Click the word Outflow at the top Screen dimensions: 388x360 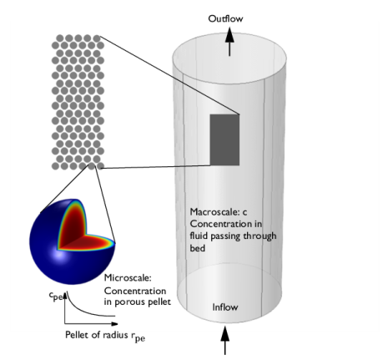tap(225, 18)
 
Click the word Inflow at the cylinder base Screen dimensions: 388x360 tap(225, 307)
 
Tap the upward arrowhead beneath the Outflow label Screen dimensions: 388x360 tap(229, 35)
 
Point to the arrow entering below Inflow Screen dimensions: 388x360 tap(225, 340)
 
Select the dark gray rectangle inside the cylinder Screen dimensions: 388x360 tap(224, 139)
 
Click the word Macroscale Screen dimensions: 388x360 tap(214, 212)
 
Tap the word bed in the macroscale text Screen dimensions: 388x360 tap(198, 248)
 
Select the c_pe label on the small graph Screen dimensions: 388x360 tap(56, 296)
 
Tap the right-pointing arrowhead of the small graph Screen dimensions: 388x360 tap(114, 323)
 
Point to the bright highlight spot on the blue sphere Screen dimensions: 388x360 tap(60, 255)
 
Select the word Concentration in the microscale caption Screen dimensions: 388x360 tap(135, 291)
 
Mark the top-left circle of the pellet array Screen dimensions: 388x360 tap(60, 38)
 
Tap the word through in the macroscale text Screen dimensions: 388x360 tap(260, 236)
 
